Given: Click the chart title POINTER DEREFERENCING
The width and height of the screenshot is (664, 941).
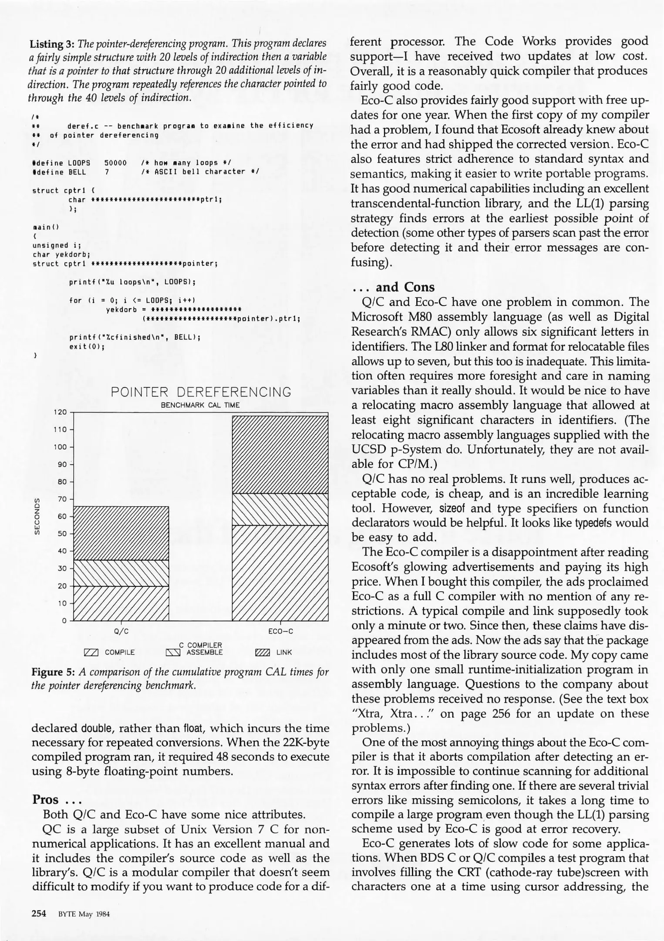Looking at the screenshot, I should tap(201, 392).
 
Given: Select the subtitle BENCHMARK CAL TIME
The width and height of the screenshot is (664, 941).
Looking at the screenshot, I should tap(200, 405).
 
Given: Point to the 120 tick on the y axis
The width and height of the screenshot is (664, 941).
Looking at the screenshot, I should tap(61, 412).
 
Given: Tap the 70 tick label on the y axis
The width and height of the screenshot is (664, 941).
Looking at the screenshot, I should tap(63, 499).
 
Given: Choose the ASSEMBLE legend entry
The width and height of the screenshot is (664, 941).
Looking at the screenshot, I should tap(204, 652).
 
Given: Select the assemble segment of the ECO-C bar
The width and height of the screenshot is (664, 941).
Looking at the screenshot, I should tap(280, 509).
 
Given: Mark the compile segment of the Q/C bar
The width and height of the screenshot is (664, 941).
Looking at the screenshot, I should tap(121, 603).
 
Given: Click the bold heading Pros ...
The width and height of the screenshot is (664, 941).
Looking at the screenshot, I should tap(45, 800).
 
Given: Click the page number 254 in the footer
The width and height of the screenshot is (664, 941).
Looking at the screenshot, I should tap(39, 914).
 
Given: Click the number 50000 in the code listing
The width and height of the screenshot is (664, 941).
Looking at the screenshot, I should tap(115, 162).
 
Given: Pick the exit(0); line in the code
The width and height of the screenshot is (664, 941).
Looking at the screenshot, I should tap(87, 347).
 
